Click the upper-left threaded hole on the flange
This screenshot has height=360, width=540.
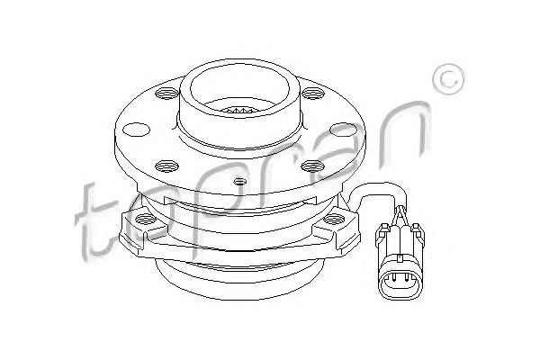(166, 93)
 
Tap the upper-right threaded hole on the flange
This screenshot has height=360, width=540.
(313, 93)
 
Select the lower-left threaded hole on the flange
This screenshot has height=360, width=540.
(166, 166)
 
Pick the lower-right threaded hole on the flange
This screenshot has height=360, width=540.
(312, 166)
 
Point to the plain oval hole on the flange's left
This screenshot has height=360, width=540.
(136, 130)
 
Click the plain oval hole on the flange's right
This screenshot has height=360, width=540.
(343, 130)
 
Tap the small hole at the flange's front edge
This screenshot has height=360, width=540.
(240, 181)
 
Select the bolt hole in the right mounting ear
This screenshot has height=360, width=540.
(335, 219)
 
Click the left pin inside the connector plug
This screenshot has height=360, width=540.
(393, 276)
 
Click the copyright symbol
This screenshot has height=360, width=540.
(449, 79)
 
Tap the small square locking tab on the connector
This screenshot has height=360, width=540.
(400, 258)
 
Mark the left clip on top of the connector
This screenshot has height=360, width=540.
(383, 229)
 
